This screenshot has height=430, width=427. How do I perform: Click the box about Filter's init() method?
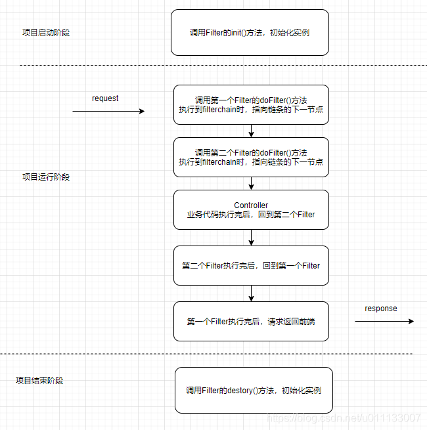[250, 32]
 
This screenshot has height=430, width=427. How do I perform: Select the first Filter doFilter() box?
[251, 104]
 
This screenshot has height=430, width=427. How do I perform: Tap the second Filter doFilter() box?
[251, 157]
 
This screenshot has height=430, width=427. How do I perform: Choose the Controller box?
[251, 209]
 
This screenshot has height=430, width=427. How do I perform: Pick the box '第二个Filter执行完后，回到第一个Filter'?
[251, 265]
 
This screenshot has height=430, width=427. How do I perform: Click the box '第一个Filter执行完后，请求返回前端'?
[251, 321]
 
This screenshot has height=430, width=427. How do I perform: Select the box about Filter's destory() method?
[254, 390]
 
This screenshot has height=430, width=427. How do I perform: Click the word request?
[105, 98]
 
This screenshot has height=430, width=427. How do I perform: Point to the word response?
[381, 309]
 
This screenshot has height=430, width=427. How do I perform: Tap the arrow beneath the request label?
[108, 112]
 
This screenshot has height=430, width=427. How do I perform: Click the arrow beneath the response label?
[384, 321]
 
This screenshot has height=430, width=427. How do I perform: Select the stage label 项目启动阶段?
[46, 32]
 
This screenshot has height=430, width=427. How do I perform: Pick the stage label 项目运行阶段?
[46, 177]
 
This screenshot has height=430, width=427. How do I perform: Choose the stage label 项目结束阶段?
[39, 380]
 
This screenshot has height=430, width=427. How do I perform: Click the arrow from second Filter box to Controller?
[251, 183]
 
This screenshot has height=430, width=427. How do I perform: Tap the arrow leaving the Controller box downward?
[251, 238]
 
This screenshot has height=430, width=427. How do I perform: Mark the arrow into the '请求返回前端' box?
[251, 293]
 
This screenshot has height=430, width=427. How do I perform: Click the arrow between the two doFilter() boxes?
[251, 131]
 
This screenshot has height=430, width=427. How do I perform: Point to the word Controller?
[251, 205]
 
